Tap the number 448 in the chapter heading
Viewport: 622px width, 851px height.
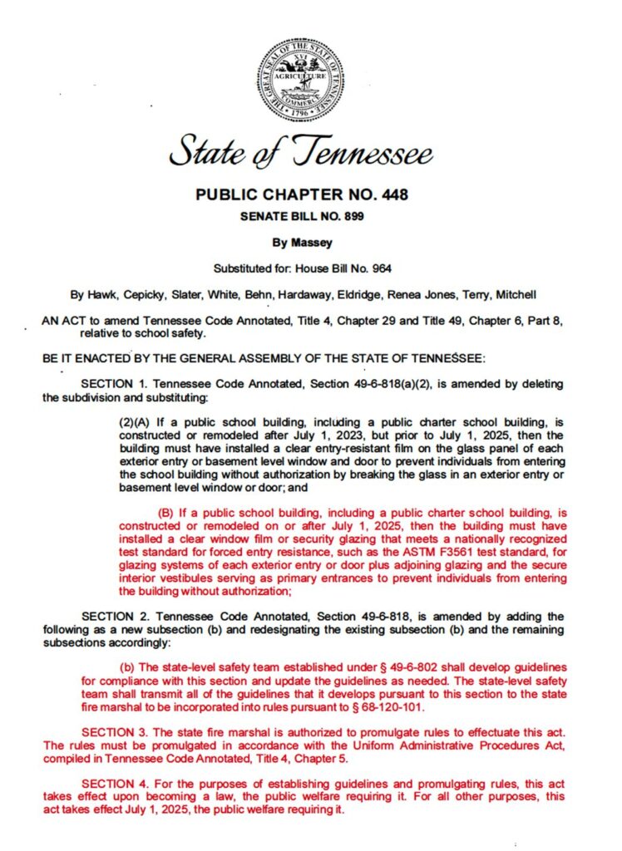(x=391, y=196)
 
